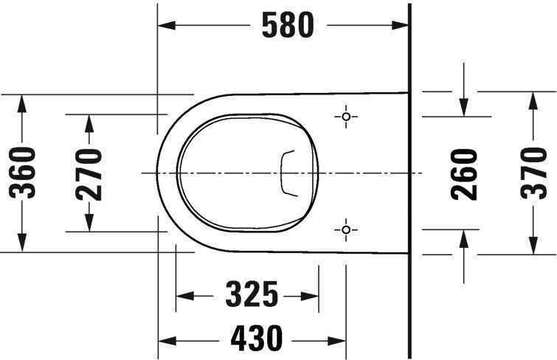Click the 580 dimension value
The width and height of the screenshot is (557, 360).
coord(288,25)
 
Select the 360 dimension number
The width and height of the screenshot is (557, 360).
coord(22,173)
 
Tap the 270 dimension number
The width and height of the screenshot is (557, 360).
coord(89,175)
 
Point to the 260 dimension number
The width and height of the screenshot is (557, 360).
coord(464,174)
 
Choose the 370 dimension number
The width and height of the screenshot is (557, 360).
coord(533,173)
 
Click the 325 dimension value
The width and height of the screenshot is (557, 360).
coord(252,294)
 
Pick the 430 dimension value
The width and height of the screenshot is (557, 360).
coord(257,338)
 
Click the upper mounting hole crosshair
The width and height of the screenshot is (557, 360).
coord(346,117)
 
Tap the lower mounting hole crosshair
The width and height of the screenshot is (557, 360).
coord(346,230)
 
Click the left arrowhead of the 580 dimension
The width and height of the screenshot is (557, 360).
coord(166,25)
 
